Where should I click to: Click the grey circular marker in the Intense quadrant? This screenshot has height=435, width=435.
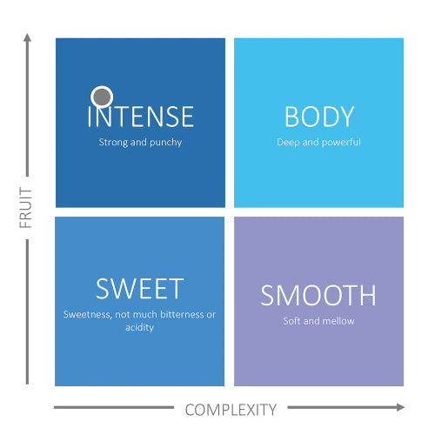[x=102, y=97]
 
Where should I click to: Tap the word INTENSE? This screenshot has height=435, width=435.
[x=141, y=117]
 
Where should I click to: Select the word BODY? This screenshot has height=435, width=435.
[x=319, y=117]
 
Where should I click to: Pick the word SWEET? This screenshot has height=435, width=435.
[x=140, y=289]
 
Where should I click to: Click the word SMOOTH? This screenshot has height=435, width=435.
[x=318, y=295]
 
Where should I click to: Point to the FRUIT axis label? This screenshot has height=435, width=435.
[x=25, y=208]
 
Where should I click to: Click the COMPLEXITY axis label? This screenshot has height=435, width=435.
[x=231, y=410]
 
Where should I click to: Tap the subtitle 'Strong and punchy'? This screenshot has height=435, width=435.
[x=140, y=142]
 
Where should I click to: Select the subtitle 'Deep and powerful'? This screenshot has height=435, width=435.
[x=318, y=142]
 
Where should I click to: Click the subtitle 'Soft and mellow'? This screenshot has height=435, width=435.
[x=318, y=321]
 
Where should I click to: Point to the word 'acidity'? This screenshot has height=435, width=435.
[x=139, y=328]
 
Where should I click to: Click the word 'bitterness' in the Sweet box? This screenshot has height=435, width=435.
[x=182, y=314]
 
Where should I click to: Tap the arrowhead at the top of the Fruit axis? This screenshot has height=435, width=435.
[x=27, y=37]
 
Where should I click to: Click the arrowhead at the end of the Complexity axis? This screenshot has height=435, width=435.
[x=401, y=407]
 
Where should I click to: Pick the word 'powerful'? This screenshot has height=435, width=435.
[x=341, y=143]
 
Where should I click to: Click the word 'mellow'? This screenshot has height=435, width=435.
[x=338, y=321]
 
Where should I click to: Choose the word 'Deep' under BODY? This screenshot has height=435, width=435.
[x=288, y=143]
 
